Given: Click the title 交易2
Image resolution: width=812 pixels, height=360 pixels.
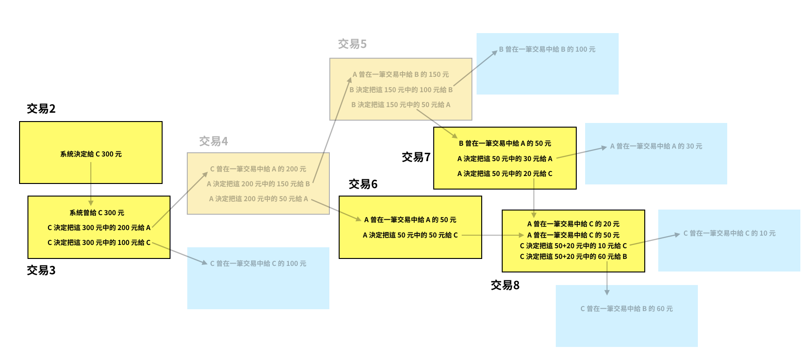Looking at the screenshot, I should (x=41, y=109).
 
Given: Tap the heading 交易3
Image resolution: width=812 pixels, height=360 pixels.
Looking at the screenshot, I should (x=41, y=271).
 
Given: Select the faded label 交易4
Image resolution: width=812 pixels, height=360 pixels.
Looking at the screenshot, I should (x=213, y=142).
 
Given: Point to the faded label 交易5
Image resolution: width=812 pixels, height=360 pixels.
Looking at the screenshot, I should (x=352, y=44).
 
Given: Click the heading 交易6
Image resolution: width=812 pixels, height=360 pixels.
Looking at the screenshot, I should (x=363, y=184).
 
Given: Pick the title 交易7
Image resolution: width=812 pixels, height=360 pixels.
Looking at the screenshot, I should (x=416, y=157).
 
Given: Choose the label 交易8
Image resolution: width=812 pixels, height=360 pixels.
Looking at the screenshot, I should (x=505, y=285).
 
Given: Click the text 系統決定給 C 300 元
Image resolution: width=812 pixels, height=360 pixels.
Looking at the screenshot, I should (x=91, y=154).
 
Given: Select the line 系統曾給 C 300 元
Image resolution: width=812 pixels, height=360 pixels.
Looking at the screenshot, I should (x=97, y=213).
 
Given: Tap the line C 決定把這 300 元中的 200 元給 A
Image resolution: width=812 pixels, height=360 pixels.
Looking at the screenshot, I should (x=99, y=228).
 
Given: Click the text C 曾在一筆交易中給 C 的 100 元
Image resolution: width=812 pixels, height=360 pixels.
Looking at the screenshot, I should (x=258, y=264).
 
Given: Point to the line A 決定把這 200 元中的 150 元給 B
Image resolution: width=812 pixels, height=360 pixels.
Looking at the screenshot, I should (x=258, y=184).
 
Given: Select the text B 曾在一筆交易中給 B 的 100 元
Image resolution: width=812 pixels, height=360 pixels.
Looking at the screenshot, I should (x=547, y=49).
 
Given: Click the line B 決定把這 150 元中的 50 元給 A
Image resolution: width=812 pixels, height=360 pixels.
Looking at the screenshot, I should (x=401, y=105).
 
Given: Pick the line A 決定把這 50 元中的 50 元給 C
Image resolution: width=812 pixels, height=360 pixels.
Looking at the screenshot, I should (x=410, y=235).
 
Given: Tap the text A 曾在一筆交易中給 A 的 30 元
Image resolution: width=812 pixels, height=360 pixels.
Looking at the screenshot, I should (x=656, y=146).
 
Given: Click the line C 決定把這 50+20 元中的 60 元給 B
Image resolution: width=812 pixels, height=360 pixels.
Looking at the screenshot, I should (x=573, y=257).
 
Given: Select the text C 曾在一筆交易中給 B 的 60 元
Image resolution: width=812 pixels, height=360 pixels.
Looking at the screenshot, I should (x=627, y=309).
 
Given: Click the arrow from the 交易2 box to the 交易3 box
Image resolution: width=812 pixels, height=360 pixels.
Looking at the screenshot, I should (x=91, y=184).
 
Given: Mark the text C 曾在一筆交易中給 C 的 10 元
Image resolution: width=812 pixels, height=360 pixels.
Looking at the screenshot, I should (x=729, y=233).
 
